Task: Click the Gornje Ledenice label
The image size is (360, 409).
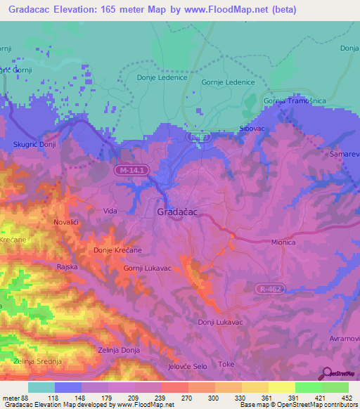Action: coord(227,82)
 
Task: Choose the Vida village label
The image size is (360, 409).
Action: coord(110,211)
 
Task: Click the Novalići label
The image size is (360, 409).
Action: coord(69,223)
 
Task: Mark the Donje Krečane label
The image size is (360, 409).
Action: coord(117,250)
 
